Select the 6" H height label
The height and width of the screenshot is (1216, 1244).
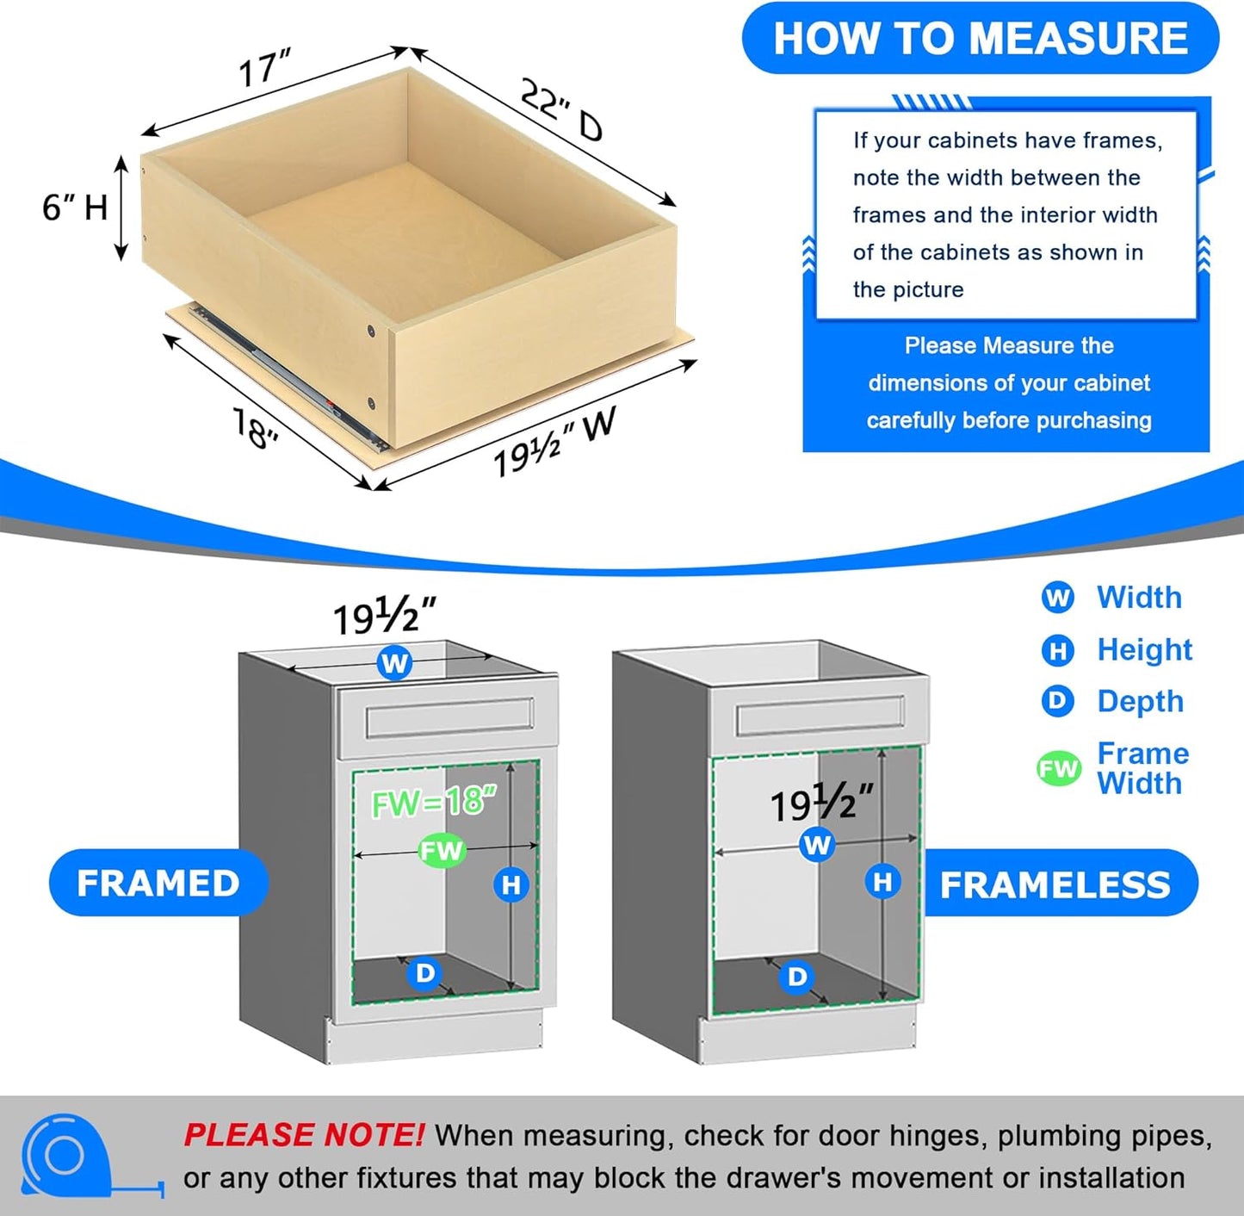coord(75,208)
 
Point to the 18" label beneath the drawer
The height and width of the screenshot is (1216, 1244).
coord(256,428)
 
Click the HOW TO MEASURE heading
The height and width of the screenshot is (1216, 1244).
coord(981,39)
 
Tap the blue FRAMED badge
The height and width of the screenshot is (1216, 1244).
coord(158,884)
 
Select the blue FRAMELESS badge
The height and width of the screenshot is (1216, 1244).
coord(1055,884)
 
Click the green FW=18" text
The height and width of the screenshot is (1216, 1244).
coord(434,803)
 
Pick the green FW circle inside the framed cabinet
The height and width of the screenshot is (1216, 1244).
coord(442,851)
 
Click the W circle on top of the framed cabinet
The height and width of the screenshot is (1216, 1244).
coord(394,663)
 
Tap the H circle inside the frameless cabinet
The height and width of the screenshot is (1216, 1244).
coord(882,882)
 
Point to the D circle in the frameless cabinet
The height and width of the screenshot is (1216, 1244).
coord(797,976)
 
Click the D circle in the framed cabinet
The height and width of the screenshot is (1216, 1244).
coord(425,973)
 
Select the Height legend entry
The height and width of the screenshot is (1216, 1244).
coord(1143,650)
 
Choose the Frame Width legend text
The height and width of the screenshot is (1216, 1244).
coord(1142,768)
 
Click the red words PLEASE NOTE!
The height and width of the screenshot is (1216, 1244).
coord(303,1135)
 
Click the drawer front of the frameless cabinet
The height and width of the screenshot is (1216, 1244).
coord(820,717)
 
